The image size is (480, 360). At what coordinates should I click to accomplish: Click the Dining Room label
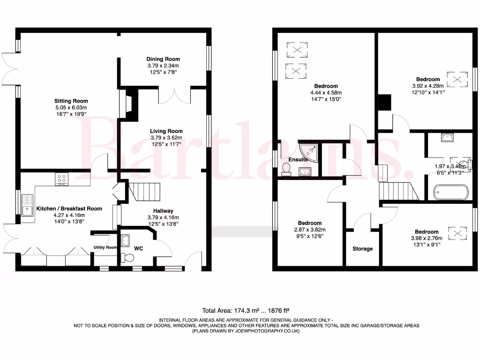(x=163, y=59)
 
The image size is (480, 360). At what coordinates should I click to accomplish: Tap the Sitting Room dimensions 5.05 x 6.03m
(x=71, y=107)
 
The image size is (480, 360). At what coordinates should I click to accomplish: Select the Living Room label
(x=166, y=131)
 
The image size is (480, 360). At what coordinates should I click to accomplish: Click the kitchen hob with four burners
(x=62, y=179)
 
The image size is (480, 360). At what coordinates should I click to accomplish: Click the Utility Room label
(x=105, y=247)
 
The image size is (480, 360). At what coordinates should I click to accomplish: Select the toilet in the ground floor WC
(x=126, y=257)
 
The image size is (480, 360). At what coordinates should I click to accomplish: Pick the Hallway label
(x=163, y=211)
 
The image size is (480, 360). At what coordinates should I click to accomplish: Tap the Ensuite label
(x=298, y=160)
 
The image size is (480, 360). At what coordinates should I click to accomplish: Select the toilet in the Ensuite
(x=286, y=170)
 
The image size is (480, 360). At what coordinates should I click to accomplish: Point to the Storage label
(x=362, y=248)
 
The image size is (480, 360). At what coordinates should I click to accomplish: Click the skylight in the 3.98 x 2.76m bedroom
(x=457, y=232)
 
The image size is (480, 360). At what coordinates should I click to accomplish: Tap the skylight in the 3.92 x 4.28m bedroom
(x=457, y=79)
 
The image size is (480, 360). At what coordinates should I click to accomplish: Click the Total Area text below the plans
(x=245, y=310)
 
